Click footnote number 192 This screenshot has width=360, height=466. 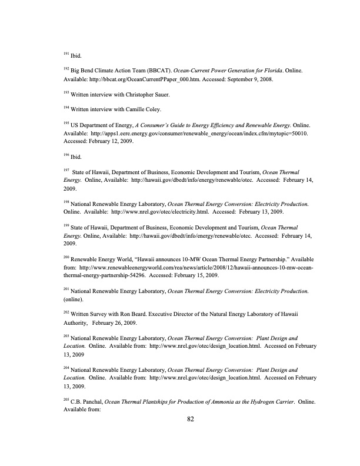click(x=65, y=68)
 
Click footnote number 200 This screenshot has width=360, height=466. click(x=65, y=258)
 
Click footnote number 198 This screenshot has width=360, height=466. click(x=65, y=201)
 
